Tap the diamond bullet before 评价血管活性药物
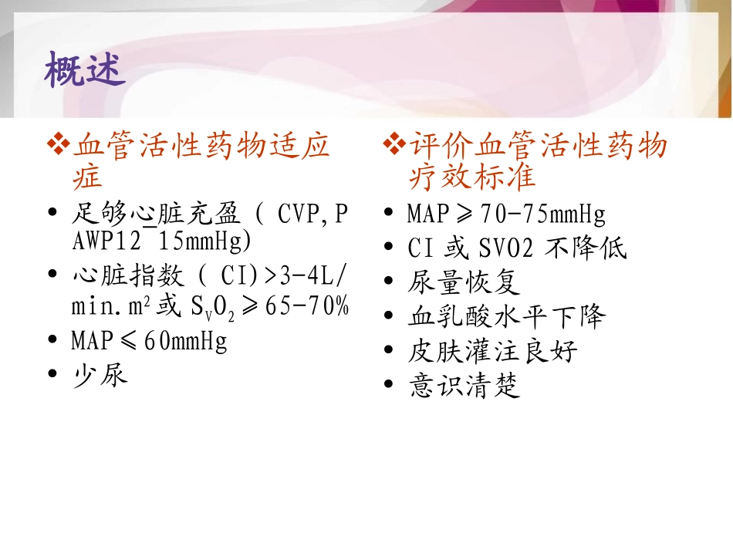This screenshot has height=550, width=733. pyautogui.click(x=394, y=144)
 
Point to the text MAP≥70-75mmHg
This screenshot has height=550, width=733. pyautogui.click(x=506, y=213)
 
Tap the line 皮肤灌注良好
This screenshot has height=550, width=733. pyautogui.click(x=492, y=352)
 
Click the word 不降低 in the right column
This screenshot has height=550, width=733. pyautogui.click(x=586, y=248)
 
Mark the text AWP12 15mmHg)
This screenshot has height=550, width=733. pyautogui.click(x=161, y=241)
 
